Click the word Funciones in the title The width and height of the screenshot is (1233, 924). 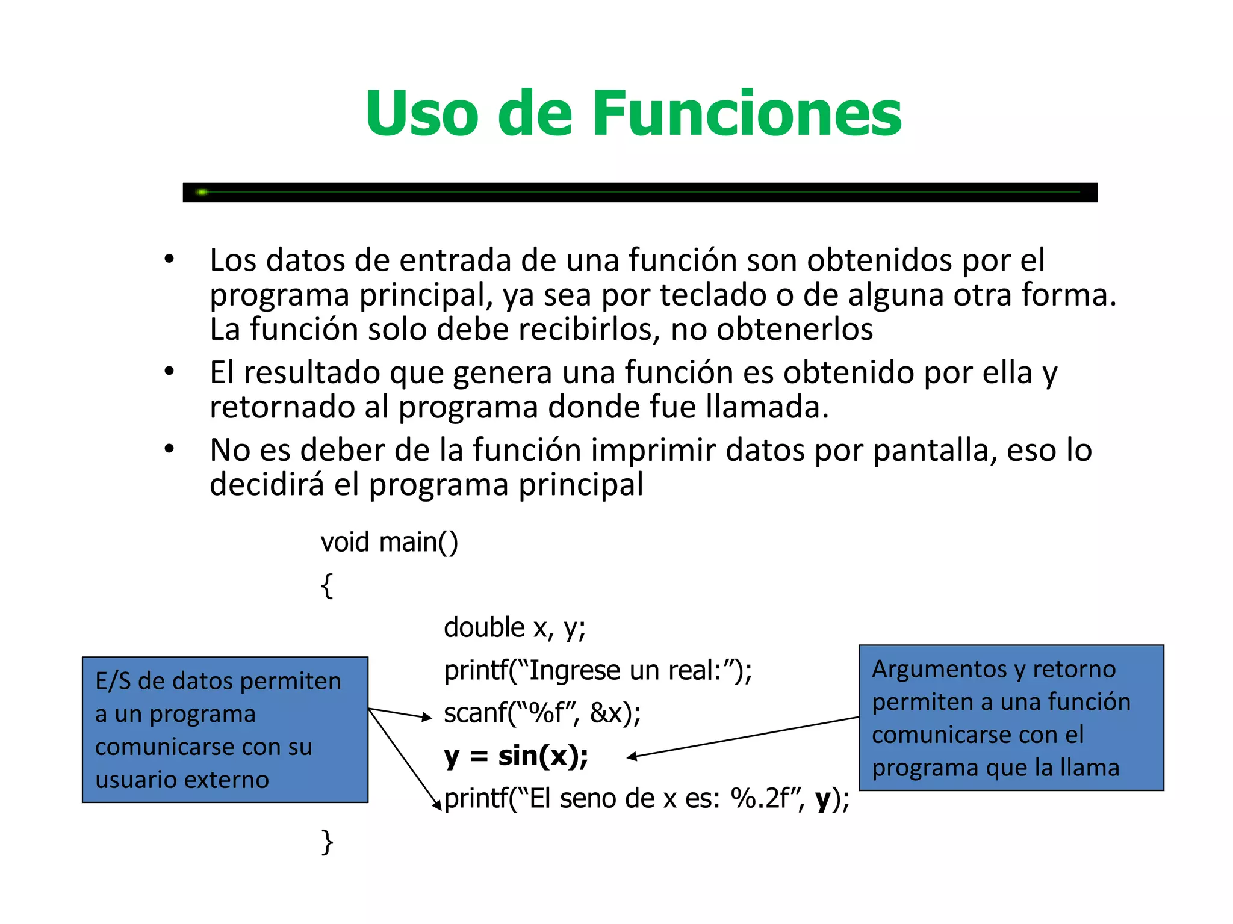click(747, 114)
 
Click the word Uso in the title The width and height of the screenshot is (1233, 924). click(421, 114)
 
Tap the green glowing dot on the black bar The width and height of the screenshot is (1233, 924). click(202, 192)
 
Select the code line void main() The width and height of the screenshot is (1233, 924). click(389, 542)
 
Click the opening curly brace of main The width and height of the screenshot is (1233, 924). click(327, 585)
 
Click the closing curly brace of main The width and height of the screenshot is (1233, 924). click(327, 842)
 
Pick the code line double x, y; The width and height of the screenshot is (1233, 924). click(515, 628)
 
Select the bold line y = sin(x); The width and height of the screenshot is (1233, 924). click(516, 756)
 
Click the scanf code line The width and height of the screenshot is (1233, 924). click(542, 713)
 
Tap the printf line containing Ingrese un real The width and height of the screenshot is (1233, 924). click(598, 671)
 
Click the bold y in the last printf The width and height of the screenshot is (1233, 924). click(823, 799)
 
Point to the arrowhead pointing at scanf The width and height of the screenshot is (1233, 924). click(427, 717)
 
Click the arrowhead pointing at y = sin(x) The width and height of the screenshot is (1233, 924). click(632, 757)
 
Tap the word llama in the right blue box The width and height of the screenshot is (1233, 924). click(1089, 768)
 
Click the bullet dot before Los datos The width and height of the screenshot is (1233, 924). click(169, 259)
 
